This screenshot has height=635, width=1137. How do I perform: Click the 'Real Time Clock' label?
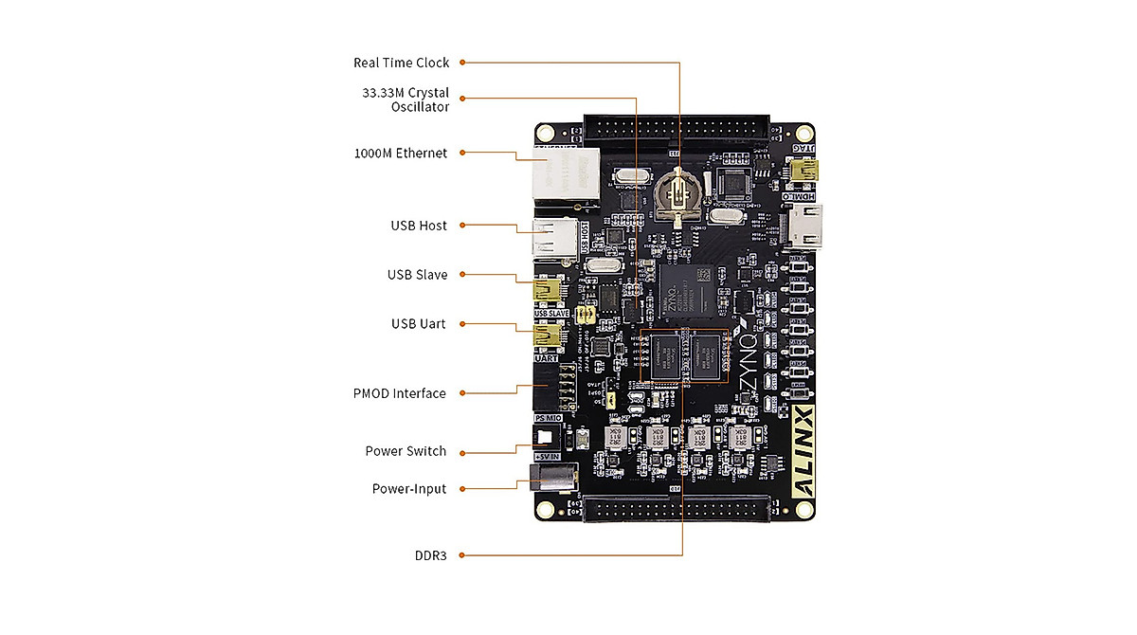(x=402, y=63)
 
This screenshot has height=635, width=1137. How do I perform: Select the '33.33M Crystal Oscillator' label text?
(x=406, y=100)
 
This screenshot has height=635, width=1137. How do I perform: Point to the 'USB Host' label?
(x=419, y=226)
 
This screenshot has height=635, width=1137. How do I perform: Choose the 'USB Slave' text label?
(x=417, y=275)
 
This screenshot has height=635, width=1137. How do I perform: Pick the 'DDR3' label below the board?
(x=430, y=555)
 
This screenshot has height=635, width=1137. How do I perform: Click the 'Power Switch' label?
(x=406, y=451)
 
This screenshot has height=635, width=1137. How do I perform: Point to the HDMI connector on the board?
(x=803, y=227)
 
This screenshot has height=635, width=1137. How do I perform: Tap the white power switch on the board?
(x=545, y=438)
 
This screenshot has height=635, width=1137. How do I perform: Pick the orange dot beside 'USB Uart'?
(x=461, y=324)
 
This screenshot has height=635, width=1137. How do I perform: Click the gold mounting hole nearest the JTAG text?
(x=804, y=133)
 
